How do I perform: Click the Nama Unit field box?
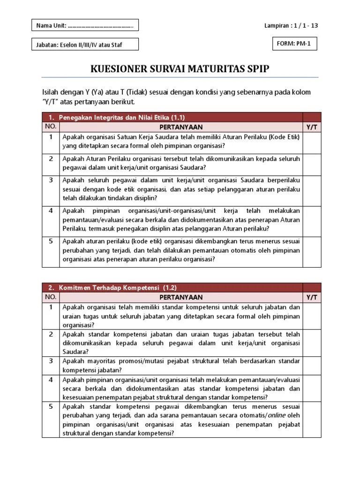coord(85,25)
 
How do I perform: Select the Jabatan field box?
coord(85,45)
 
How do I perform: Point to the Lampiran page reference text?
coord(291,25)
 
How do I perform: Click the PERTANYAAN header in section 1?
coord(181,127)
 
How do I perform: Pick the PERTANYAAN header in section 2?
coord(181,297)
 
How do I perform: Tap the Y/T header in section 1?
coord(312,127)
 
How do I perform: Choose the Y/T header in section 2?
coord(312,297)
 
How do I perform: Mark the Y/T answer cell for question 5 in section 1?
coord(312,251)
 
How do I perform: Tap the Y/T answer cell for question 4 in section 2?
coord(312,388)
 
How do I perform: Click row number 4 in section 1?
coord(51,210)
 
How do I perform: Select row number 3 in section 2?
coord(51,360)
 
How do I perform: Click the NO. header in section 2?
coord(51,297)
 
